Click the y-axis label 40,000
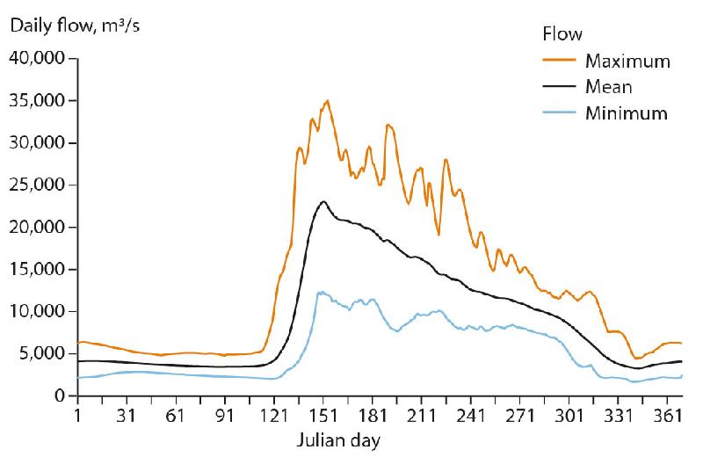36,59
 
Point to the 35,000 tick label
36,101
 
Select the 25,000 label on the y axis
36,185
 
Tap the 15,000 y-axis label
36,270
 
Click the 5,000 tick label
40,354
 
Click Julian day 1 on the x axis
78,415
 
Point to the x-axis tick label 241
471,415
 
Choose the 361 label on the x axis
668,415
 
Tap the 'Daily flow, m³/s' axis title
76,24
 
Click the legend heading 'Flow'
558,34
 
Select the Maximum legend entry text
627,62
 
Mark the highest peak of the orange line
328,100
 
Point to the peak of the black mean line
324,201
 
